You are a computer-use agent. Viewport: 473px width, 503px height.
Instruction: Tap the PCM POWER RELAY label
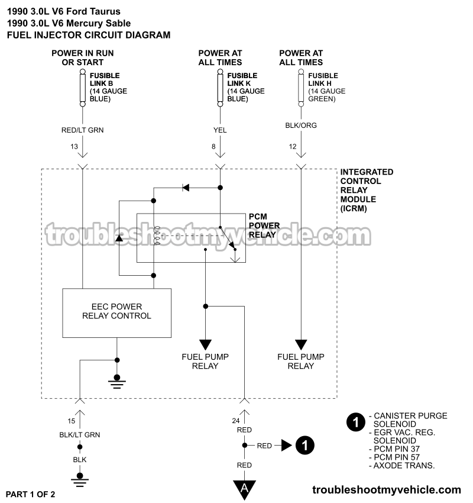tap(264, 225)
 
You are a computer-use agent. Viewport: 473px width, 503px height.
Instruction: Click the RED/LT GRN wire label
tap(83, 130)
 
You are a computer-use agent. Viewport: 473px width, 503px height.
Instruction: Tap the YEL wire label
tap(220, 130)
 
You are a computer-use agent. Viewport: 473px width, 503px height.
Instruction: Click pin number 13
tap(74, 146)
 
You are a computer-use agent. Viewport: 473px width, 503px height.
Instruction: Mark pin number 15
tap(71, 421)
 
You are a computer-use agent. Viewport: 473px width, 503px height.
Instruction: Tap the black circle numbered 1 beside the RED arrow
tap(304, 445)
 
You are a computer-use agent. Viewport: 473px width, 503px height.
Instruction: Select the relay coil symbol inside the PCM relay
tap(157, 236)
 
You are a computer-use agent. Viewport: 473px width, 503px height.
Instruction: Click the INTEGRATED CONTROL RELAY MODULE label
tap(367, 191)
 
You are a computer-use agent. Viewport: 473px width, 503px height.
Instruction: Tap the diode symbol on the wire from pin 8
tap(185, 188)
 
